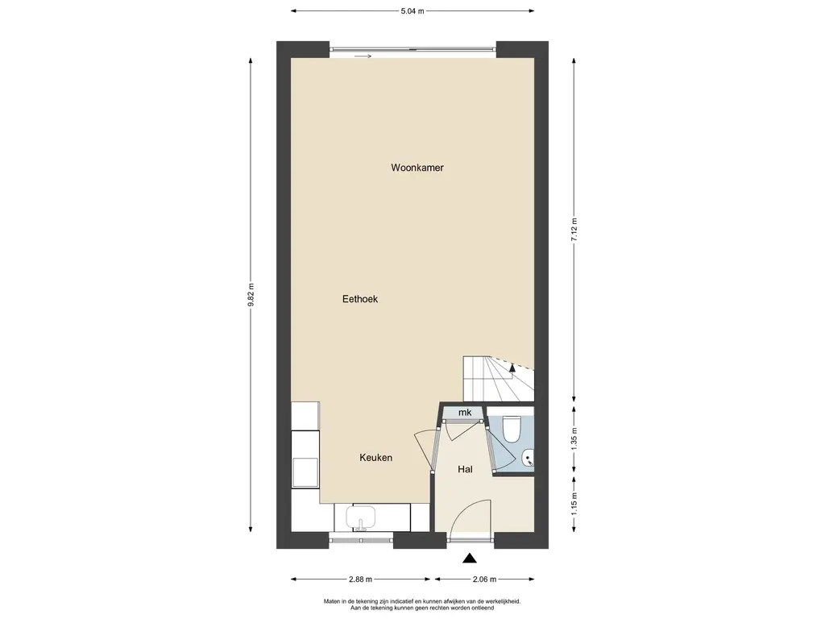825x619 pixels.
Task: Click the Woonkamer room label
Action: tap(417, 168)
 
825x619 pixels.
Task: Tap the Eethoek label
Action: tap(360, 299)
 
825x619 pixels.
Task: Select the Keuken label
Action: tap(375, 458)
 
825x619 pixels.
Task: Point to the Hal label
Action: tap(465, 469)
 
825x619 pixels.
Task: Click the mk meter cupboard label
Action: tap(465, 412)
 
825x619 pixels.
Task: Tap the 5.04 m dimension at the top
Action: tap(412, 11)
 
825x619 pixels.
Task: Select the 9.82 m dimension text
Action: tap(251, 295)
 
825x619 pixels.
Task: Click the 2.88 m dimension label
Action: tap(360, 580)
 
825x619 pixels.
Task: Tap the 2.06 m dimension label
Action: tap(484, 580)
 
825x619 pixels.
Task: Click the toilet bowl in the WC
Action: tap(511, 429)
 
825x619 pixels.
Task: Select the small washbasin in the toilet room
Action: tap(528, 459)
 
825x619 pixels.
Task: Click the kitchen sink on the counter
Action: tap(360, 517)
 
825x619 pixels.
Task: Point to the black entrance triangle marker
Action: tap(470, 559)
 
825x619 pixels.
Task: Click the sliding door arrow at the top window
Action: tap(363, 56)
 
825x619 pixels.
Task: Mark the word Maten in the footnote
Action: tap(332, 601)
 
